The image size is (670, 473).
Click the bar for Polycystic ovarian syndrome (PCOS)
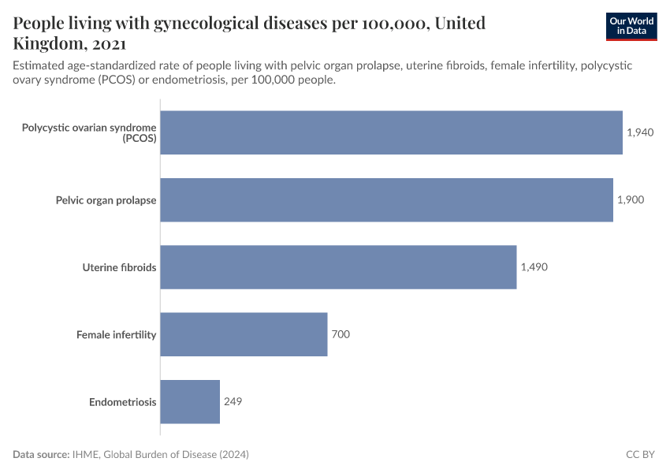(x=391, y=132)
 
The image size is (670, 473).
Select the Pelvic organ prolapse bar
(x=386, y=199)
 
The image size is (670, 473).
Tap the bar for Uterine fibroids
(x=338, y=267)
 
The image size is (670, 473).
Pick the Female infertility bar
(x=244, y=334)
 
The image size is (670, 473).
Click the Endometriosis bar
(x=190, y=402)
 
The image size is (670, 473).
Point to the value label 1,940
(x=640, y=132)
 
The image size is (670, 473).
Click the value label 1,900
(x=631, y=199)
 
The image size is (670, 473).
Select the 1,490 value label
(x=534, y=267)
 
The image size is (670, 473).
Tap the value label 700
(x=341, y=334)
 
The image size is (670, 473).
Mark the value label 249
(x=233, y=402)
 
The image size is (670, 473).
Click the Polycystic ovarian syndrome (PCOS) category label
(x=89, y=132)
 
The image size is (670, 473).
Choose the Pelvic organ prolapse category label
(x=106, y=200)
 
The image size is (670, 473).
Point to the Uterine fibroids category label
(x=119, y=267)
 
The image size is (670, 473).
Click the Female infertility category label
(x=116, y=335)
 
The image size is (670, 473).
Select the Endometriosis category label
(x=122, y=402)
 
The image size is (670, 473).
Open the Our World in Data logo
(x=631, y=27)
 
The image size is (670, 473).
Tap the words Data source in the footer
(x=41, y=455)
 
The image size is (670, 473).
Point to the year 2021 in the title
(x=106, y=43)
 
